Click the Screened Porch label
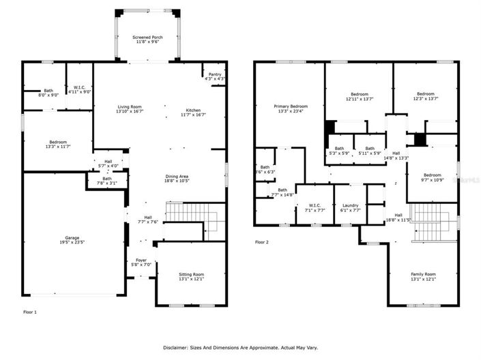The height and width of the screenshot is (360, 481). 147,37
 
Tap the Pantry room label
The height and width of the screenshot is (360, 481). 215,74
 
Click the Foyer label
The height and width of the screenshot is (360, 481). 141,259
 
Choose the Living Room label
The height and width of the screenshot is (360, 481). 130,107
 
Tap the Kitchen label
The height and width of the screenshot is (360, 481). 194,111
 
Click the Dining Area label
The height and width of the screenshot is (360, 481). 175,177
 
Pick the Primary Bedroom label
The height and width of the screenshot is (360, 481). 291,106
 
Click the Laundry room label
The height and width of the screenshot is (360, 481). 351,205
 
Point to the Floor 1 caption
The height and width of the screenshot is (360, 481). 30,312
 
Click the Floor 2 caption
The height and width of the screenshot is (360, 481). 262,242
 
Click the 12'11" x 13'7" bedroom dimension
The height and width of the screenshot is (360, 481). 360,100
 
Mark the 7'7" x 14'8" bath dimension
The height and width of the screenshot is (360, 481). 282,195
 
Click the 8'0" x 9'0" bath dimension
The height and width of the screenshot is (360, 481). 48,95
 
